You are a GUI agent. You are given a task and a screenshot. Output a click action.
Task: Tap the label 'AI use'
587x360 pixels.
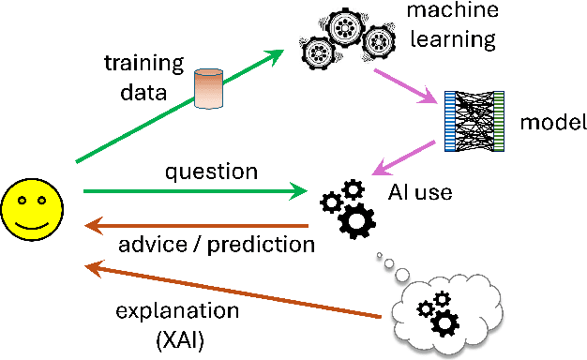tap(420, 193)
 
